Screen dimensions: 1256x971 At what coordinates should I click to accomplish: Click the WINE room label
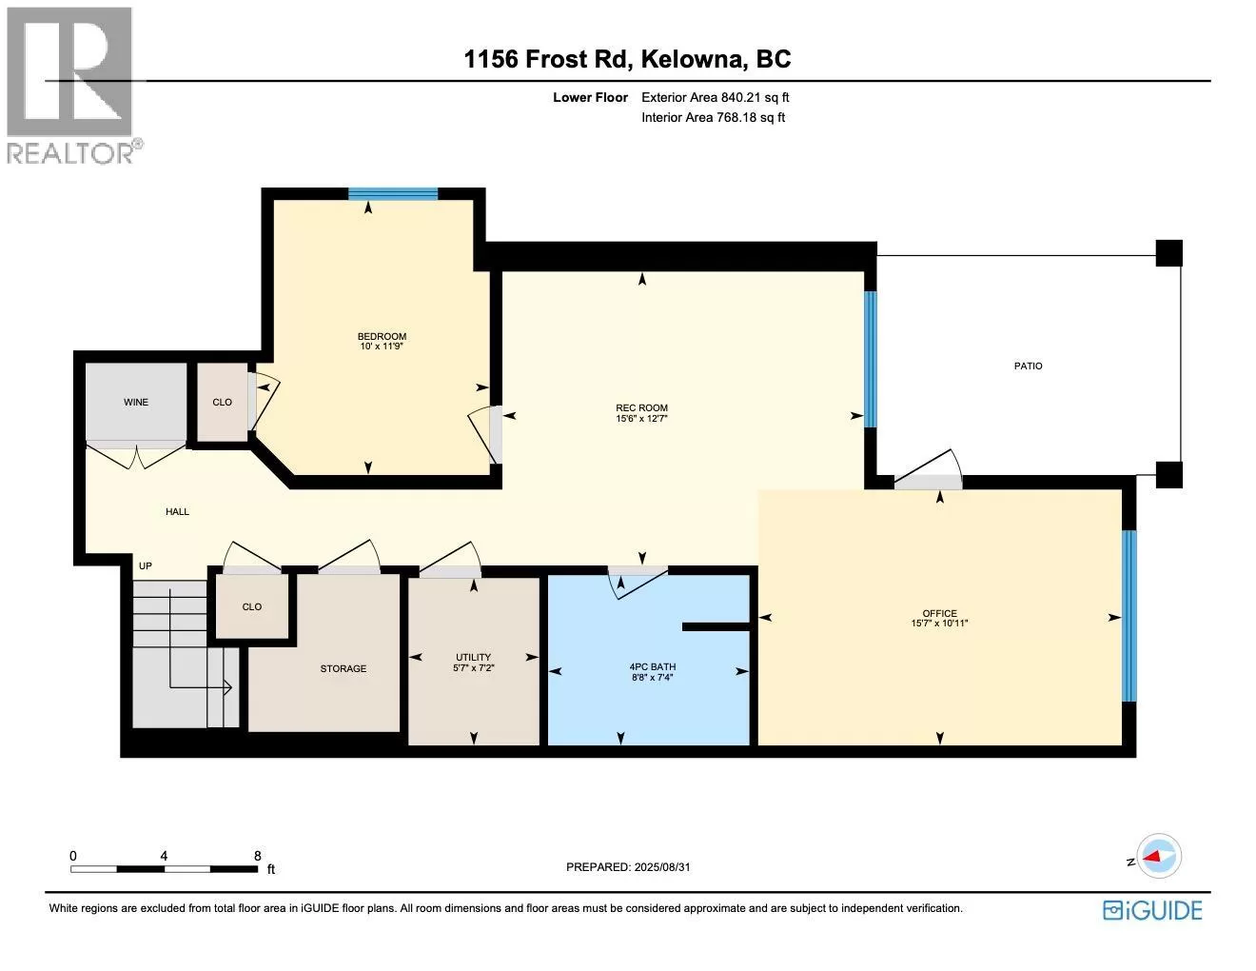click(x=136, y=402)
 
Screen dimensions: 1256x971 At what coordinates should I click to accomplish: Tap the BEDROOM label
click(x=382, y=336)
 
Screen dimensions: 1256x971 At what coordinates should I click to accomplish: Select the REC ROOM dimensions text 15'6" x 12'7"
click(x=641, y=418)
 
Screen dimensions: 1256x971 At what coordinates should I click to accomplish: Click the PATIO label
click(x=1029, y=366)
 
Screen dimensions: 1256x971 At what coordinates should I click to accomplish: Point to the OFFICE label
click(x=939, y=613)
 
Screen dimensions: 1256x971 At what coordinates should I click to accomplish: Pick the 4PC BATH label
click(x=652, y=666)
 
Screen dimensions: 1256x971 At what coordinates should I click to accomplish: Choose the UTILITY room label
click(x=474, y=657)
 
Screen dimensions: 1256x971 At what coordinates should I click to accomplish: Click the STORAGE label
click(x=343, y=668)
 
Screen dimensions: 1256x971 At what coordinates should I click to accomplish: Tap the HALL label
click(x=177, y=511)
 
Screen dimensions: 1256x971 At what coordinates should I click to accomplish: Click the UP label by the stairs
click(x=145, y=565)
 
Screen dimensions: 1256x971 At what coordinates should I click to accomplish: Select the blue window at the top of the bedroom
click(x=393, y=194)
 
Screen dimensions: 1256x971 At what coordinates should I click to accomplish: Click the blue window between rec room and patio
click(x=870, y=359)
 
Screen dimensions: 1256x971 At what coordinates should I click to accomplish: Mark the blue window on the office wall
click(x=1129, y=616)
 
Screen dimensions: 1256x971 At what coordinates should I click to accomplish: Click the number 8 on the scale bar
click(x=258, y=856)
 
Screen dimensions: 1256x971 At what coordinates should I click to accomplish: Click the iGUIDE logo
click(x=1152, y=910)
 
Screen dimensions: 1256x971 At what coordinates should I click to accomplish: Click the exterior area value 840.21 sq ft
click(x=755, y=97)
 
